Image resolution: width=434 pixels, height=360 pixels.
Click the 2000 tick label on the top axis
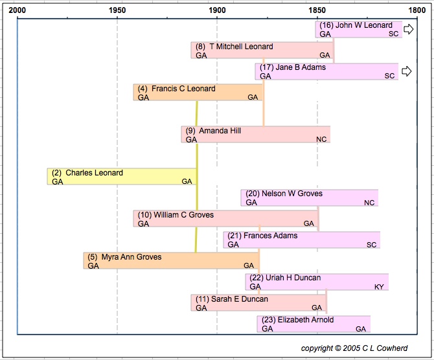[x=18, y=11]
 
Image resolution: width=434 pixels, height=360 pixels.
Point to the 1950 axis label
[x=117, y=11]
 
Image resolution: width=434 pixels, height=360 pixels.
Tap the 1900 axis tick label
[x=217, y=11]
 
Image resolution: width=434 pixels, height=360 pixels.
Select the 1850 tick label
[x=317, y=11]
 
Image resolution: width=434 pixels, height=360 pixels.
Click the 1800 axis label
[x=415, y=11]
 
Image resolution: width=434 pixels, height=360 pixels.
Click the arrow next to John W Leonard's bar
[x=409, y=29]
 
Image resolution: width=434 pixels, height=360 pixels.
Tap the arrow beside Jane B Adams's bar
[x=407, y=71]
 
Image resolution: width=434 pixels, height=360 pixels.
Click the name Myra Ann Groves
[x=131, y=257]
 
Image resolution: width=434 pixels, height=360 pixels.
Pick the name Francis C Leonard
[x=183, y=89]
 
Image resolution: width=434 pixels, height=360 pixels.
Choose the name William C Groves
[x=183, y=215]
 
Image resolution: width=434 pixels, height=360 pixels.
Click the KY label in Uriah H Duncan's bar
[x=379, y=286]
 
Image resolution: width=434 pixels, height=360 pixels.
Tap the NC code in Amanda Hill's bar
[x=321, y=139]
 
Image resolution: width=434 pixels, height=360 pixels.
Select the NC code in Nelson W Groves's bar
[x=369, y=203]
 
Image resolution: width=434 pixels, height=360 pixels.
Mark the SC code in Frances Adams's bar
[x=371, y=245]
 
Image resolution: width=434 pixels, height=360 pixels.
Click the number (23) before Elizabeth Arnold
[x=268, y=320]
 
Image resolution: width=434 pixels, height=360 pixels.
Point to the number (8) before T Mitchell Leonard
[x=200, y=47]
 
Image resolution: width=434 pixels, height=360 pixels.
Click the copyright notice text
[x=354, y=348]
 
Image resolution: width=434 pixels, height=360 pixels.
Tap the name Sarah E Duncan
[x=239, y=299]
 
